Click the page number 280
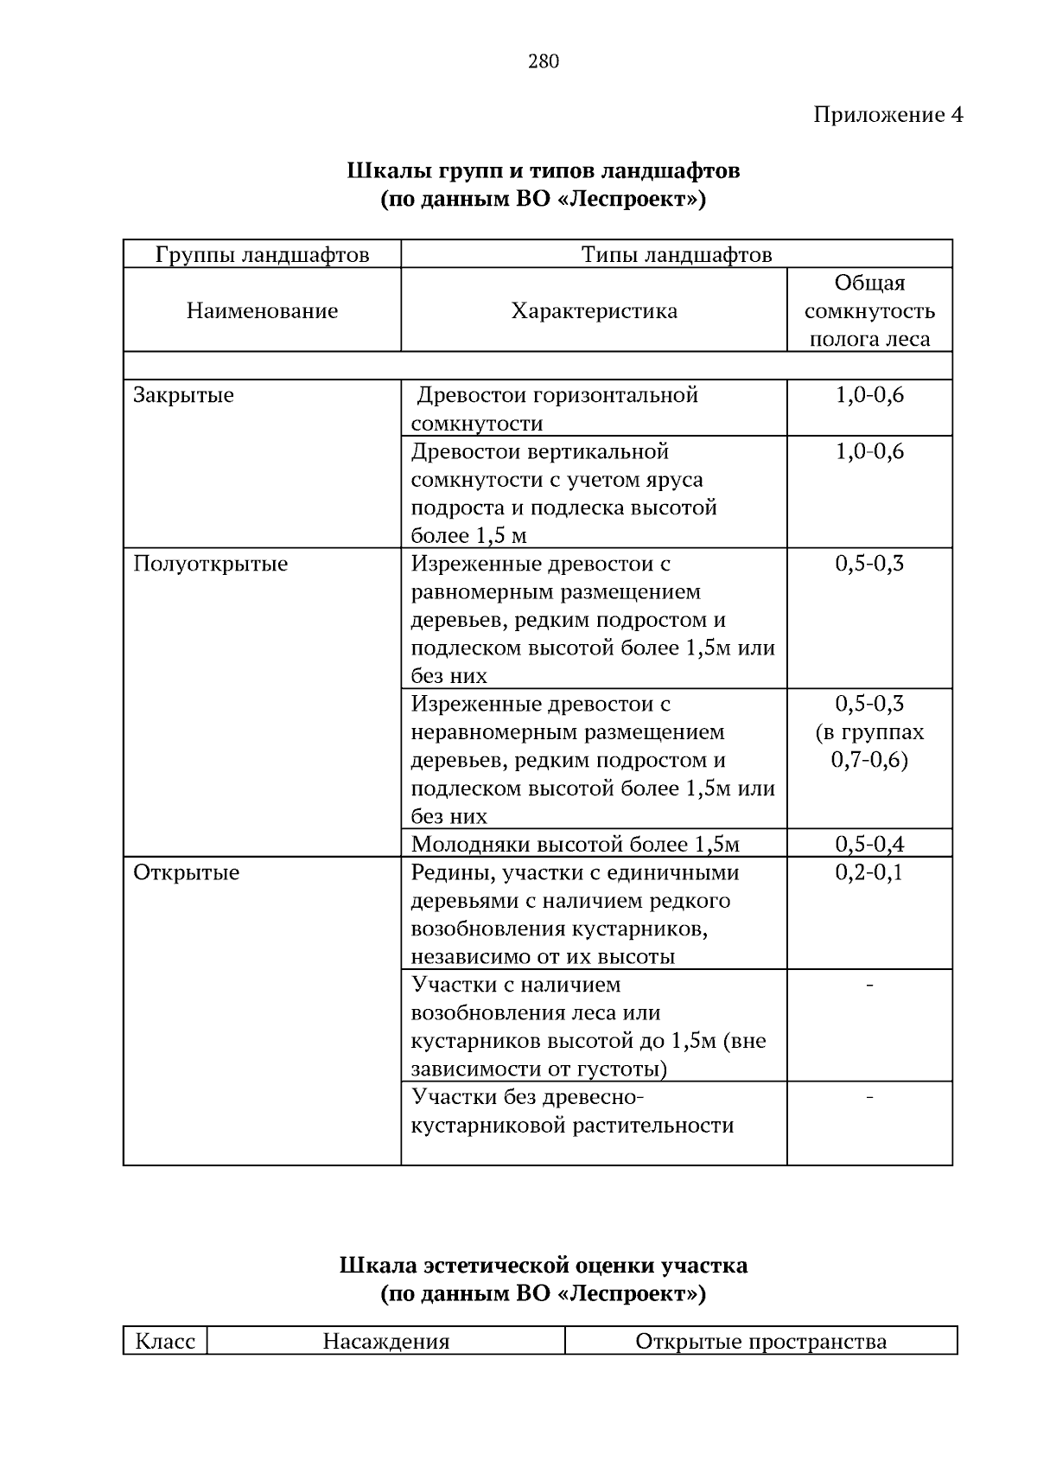click(x=543, y=61)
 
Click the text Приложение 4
click(x=887, y=115)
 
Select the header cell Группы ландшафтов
click(x=262, y=254)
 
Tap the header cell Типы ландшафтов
click(x=676, y=254)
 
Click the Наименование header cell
click(x=262, y=310)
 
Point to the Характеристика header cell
click(x=594, y=310)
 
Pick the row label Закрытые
click(x=183, y=395)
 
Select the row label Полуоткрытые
click(x=210, y=564)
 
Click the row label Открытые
click(x=186, y=872)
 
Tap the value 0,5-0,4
click(x=868, y=844)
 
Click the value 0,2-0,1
click(x=868, y=872)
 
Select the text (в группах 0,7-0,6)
click(x=869, y=746)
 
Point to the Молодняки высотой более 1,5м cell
click(x=576, y=844)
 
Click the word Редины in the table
click(x=445, y=872)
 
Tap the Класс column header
click(x=165, y=1341)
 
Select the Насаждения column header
click(x=385, y=1341)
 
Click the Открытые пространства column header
click(x=760, y=1341)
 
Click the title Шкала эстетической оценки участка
click(x=543, y=1266)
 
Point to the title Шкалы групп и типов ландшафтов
click(x=543, y=170)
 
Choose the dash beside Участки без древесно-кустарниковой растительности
click(x=868, y=1097)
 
